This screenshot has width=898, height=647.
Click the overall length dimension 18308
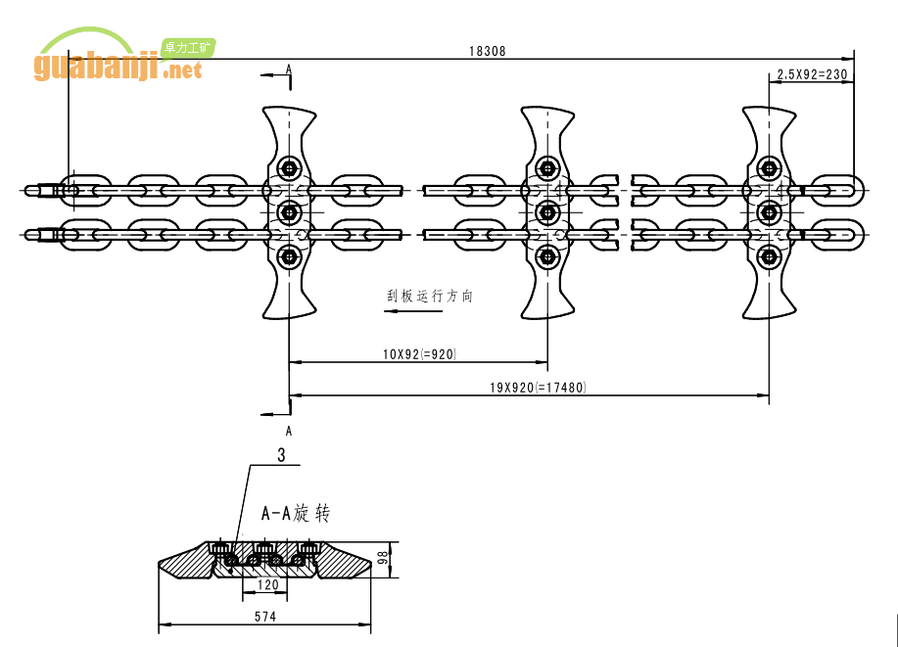click(487, 51)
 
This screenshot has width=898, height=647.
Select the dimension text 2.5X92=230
click(811, 74)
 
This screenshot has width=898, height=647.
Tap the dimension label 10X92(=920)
click(419, 353)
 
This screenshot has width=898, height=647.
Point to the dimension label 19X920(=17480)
click(538, 388)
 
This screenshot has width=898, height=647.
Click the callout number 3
click(282, 455)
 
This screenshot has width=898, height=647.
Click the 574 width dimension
click(264, 617)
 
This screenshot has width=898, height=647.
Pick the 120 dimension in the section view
click(267, 584)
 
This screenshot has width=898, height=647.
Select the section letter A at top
click(289, 69)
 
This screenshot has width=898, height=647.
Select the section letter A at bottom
click(289, 430)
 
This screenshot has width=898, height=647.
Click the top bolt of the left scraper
click(289, 166)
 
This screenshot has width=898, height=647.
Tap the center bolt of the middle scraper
click(546, 212)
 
